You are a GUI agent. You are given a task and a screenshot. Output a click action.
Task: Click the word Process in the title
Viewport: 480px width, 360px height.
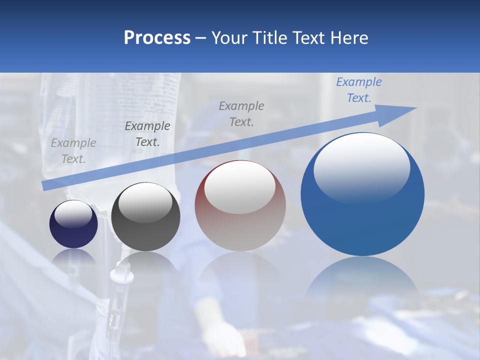pos(157,37)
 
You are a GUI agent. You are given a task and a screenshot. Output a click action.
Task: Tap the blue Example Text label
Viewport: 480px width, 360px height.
pos(359,90)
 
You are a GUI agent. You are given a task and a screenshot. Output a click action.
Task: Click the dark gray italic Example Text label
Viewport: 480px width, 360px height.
pos(147,134)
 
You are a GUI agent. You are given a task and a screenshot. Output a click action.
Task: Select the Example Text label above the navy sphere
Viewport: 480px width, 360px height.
pos(73,151)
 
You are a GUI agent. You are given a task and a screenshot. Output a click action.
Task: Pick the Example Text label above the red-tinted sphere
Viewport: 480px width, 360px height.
pos(241,113)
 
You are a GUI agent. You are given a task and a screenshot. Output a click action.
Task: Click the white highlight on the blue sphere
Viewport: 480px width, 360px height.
pos(361,167)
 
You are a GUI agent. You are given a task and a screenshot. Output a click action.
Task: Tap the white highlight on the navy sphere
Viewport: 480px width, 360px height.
pos(73,214)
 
